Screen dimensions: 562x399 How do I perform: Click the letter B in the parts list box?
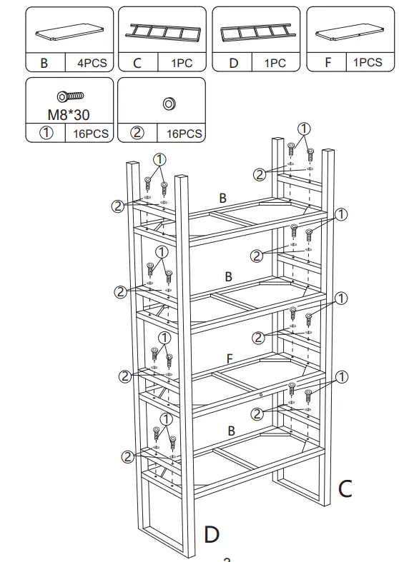click(x=45, y=63)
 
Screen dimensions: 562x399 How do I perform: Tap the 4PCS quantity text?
click(x=92, y=63)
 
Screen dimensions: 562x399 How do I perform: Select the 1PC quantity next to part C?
click(x=182, y=63)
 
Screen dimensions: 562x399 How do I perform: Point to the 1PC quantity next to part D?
click(x=275, y=63)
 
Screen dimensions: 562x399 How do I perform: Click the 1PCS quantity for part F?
click(x=368, y=63)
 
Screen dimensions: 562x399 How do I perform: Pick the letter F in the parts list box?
click(x=328, y=63)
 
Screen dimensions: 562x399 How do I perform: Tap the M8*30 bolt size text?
click(x=69, y=114)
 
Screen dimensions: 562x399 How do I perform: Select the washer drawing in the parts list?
click(x=170, y=104)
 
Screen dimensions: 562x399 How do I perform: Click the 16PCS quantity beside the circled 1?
click(x=91, y=134)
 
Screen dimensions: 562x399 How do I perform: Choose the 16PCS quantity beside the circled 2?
click(x=184, y=134)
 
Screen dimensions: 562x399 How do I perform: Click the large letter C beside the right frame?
click(x=345, y=488)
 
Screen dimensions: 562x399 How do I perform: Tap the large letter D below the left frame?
click(x=212, y=533)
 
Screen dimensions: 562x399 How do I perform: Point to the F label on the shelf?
click(x=230, y=358)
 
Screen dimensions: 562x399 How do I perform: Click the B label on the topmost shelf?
click(x=223, y=198)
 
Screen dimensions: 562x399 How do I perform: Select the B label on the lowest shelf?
click(x=231, y=431)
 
